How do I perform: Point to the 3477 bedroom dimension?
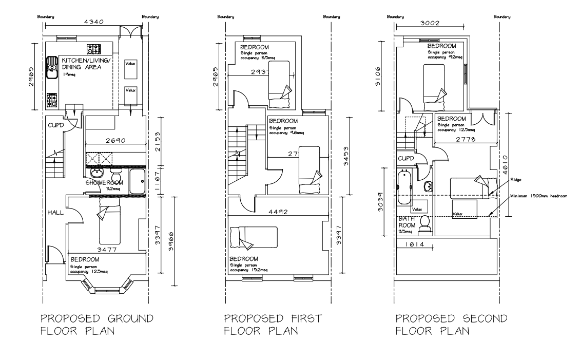pyautogui.click(x=105, y=250)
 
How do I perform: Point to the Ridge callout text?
pyautogui.click(x=516, y=180)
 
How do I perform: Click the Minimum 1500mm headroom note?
pyautogui.click(x=538, y=196)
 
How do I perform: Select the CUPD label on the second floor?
pyautogui.click(x=407, y=159)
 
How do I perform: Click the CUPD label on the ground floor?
pyautogui.click(x=55, y=125)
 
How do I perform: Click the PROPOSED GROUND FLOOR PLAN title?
pyautogui.click(x=96, y=324)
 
